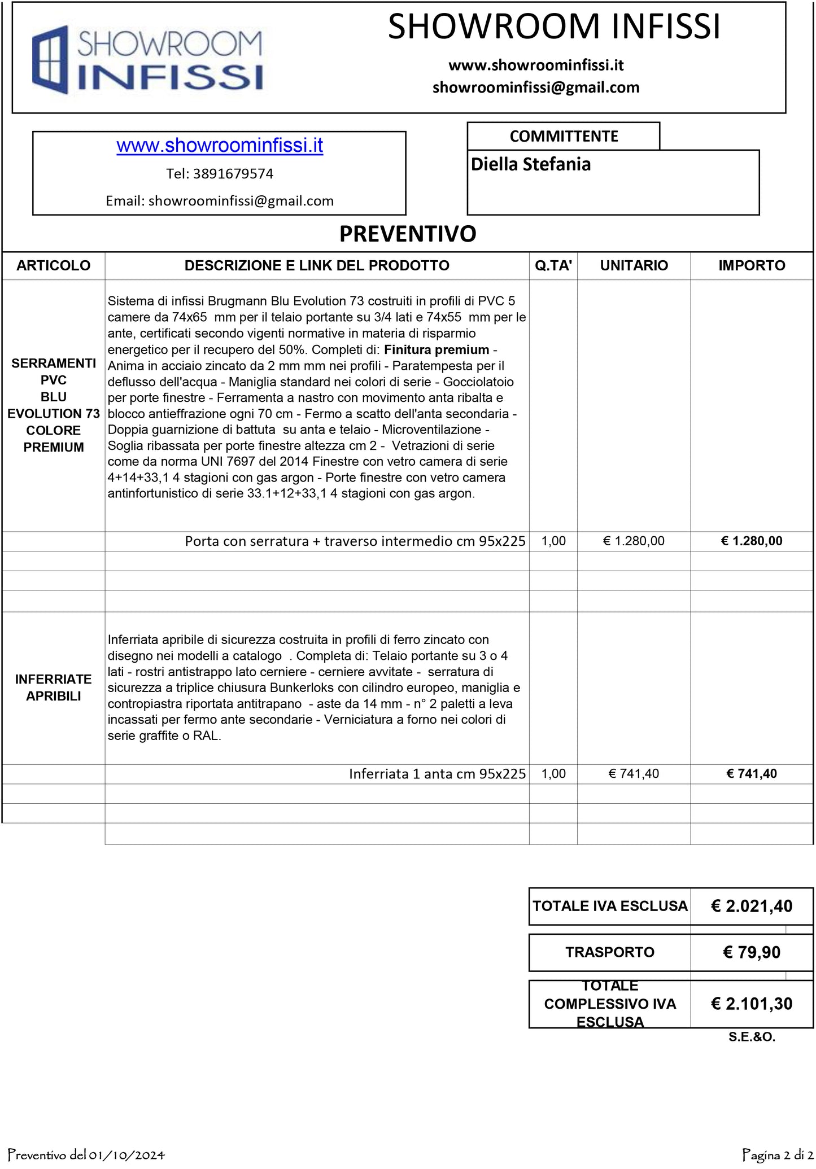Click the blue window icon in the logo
[x=50, y=59]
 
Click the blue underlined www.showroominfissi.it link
[x=220, y=146]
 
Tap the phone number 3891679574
[x=233, y=174]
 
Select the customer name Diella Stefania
[x=531, y=164]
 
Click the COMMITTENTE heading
[x=564, y=136]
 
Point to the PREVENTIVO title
[x=408, y=234]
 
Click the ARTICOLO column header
[x=54, y=265]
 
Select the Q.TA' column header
[x=553, y=265]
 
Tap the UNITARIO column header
[x=634, y=265]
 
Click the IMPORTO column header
[x=752, y=265]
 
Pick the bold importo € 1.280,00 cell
[x=752, y=541]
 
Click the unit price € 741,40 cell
[x=634, y=774]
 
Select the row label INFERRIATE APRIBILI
[x=54, y=688]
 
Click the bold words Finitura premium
[x=437, y=350]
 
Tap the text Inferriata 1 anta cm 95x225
[x=437, y=774]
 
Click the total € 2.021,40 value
[x=752, y=907]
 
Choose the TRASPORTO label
[x=610, y=952]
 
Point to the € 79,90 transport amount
[x=752, y=953]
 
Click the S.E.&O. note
[x=752, y=1037]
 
